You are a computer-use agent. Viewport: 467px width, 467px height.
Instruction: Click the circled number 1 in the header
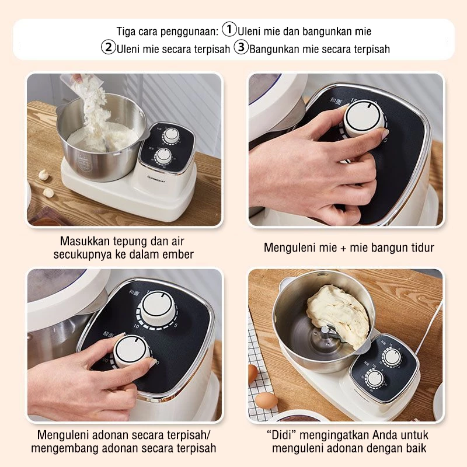pyautogui.click(x=229, y=30)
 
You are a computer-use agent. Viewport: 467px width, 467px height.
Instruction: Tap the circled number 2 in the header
pyautogui.click(x=108, y=47)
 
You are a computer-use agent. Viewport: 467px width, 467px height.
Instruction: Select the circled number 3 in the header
pyautogui.click(x=241, y=47)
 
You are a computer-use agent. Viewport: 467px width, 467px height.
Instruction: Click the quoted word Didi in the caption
pyautogui.click(x=281, y=435)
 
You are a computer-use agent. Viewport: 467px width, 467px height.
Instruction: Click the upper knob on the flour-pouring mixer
pyautogui.click(x=170, y=135)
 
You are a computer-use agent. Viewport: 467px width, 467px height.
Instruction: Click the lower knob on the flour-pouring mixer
pyautogui.click(x=163, y=155)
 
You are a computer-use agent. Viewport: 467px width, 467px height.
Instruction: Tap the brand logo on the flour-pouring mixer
pyautogui.click(x=158, y=180)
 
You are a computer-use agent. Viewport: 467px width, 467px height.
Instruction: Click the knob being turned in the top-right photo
pyautogui.click(x=363, y=119)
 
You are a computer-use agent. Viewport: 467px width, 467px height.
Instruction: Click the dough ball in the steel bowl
pyautogui.click(x=337, y=315)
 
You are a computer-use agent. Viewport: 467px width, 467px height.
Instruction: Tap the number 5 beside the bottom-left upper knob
pyautogui.click(x=176, y=325)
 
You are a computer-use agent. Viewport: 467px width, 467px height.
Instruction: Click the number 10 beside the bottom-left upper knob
pyautogui.click(x=136, y=326)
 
